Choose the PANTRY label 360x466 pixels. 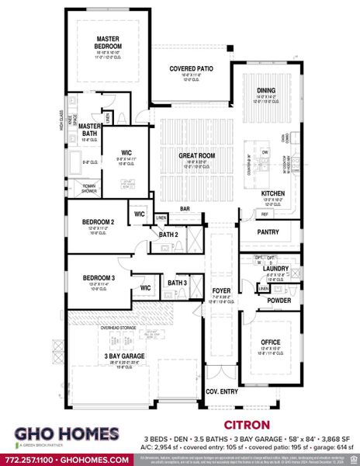click(x=268, y=231)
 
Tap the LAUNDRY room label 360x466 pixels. click(x=277, y=269)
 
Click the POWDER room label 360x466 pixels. click(x=278, y=300)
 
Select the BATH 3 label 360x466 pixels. click(x=177, y=283)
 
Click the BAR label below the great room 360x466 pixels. click(x=185, y=208)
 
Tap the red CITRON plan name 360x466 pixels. click(x=246, y=425)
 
